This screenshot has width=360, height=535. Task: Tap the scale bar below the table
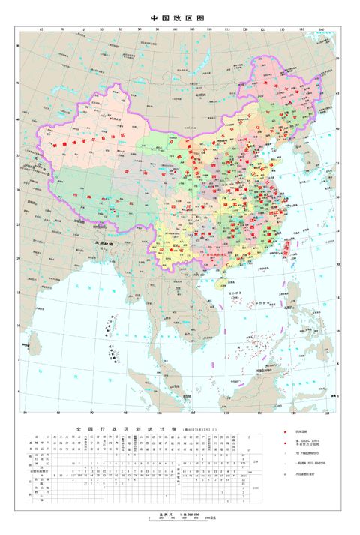coord(177,520)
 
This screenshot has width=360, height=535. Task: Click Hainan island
coord(220,284)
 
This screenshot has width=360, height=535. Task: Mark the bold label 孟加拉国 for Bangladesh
coord(113,245)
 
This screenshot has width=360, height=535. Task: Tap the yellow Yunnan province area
coord(169,248)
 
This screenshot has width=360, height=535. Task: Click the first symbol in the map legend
coord(285,434)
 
